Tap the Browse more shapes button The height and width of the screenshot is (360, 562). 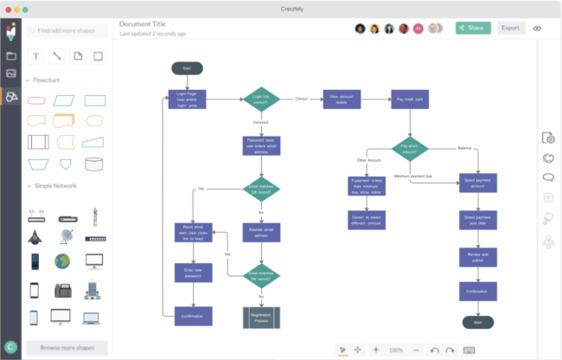[67, 348]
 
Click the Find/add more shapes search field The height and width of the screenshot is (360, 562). [67, 30]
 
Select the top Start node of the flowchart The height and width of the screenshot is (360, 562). [187, 67]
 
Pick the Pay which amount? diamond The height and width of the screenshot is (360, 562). [410, 147]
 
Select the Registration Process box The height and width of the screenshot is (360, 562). [260, 317]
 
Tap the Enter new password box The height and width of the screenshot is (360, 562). [193, 273]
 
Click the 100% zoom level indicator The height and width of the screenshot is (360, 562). [396, 350]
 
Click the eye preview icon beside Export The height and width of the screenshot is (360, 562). [538, 28]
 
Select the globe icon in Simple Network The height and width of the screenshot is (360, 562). [62, 260]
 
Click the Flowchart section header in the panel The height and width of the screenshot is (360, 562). [48, 81]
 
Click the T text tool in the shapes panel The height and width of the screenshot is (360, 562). [36, 56]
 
